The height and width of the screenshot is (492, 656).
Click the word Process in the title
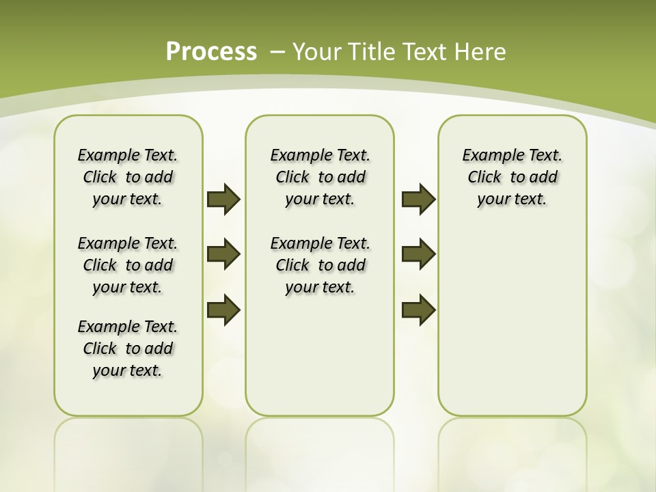[211, 51]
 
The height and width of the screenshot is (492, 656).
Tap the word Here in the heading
[478, 51]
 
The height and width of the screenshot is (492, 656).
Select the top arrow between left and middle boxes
[223, 199]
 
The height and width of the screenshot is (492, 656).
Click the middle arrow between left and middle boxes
[223, 254]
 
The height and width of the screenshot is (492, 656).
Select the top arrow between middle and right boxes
[418, 199]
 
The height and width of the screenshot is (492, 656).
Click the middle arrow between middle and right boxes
[418, 254]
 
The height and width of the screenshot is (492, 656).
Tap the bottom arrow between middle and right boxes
[418, 310]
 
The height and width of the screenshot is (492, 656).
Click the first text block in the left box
[128, 177]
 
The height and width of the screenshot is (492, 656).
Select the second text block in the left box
[128, 265]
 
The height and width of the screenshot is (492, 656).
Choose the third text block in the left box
[128, 348]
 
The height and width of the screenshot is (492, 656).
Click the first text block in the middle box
[320, 177]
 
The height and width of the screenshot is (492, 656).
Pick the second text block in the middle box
[320, 265]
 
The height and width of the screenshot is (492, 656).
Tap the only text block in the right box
[512, 177]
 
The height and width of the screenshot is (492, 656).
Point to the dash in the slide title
[277, 51]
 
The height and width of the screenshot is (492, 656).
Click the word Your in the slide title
[317, 51]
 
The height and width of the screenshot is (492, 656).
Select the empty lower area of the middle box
[320, 355]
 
